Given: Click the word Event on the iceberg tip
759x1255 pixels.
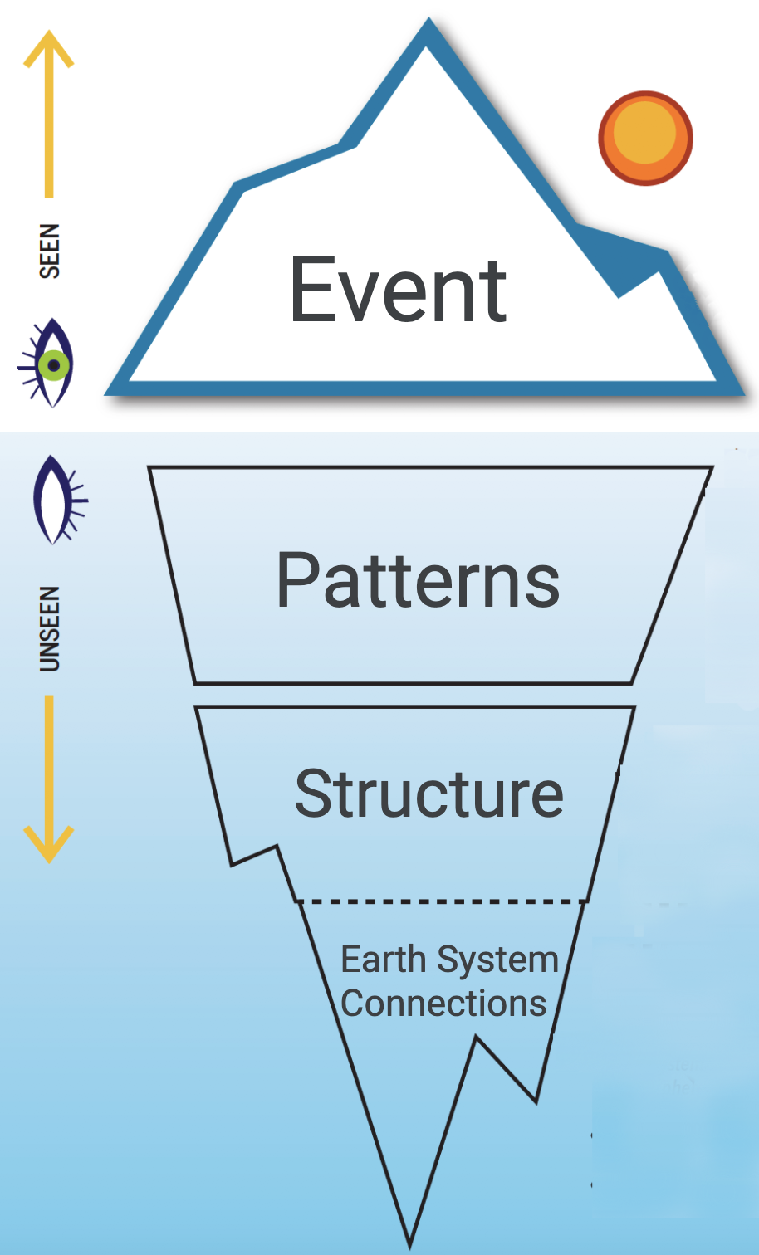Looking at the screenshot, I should (x=398, y=290).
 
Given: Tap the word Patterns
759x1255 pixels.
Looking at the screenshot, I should (x=418, y=580).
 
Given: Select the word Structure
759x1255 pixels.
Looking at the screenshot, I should (x=428, y=794).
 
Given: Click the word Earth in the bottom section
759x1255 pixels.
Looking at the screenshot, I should (x=383, y=960).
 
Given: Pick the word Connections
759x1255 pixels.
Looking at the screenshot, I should (x=443, y=1004).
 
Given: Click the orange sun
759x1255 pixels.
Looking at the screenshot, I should (x=645, y=138).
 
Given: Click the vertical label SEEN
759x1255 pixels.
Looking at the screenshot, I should (x=50, y=251).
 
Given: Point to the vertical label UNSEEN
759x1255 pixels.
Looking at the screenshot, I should (x=50, y=628).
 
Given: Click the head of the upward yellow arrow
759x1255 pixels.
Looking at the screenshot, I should (x=49, y=46).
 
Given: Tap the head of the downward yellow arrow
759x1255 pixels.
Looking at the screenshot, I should (x=49, y=847).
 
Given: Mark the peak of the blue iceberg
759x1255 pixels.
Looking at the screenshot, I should (x=428, y=30).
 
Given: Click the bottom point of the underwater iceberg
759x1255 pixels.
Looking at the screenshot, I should (x=410, y=1242).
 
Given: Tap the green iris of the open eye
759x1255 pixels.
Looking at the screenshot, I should (x=54, y=365).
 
